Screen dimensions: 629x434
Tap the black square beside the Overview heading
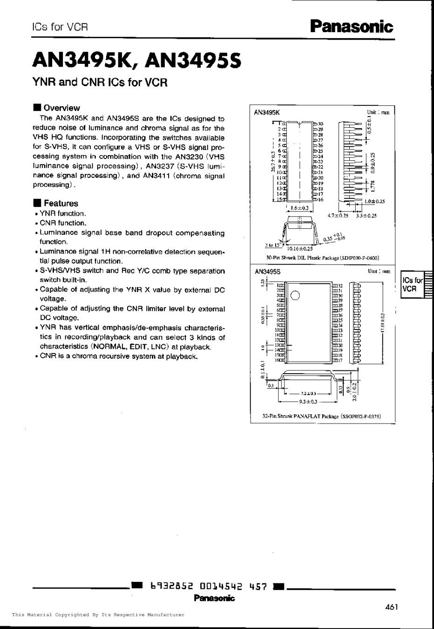coord(37,108)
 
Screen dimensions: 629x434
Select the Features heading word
coord(61,203)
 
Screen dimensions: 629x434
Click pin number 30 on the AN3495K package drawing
coord(320,123)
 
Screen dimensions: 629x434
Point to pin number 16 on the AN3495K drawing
coord(320,199)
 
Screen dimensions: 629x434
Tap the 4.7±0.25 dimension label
coord(338,215)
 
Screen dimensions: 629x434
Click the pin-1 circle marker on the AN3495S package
coord(295,295)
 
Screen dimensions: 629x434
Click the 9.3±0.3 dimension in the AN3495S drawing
coord(307,401)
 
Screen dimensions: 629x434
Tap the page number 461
coord(392,607)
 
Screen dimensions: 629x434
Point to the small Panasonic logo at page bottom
coord(215,598)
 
